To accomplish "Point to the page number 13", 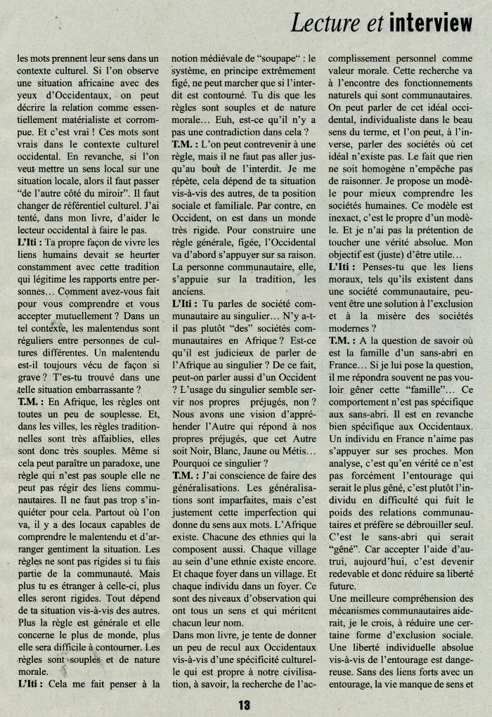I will click(x=244, y=704).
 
